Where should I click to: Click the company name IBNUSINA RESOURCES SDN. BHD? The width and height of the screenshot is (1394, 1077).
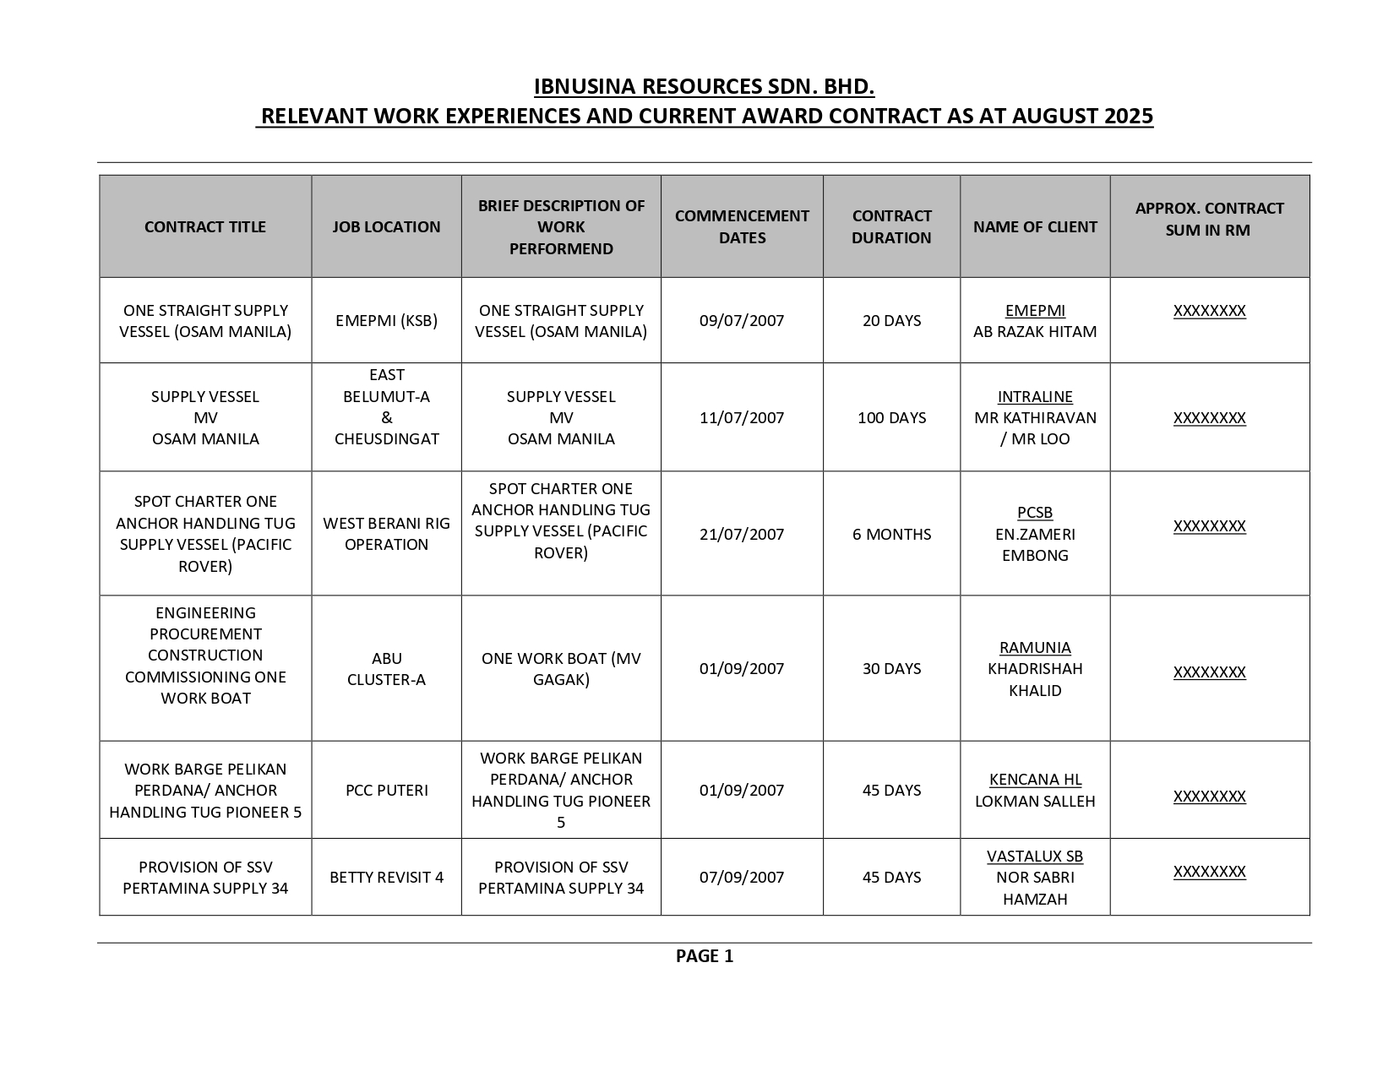click(x=704, y=87)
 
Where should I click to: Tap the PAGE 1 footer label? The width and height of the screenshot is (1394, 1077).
click(x=704, y=956)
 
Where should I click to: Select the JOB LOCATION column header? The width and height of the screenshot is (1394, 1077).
click(x=386, y=227)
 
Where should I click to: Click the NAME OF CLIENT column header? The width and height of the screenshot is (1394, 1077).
click(x=1035, y=227)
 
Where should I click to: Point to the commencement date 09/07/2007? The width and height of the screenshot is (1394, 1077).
click(x=742, y=321)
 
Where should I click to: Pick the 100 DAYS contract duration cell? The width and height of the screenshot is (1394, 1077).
click(x=891, y=418)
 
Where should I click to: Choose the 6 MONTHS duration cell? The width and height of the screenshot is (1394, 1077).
click(x=891, y=535)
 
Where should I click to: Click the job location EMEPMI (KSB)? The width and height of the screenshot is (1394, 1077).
click(x=386, y=321)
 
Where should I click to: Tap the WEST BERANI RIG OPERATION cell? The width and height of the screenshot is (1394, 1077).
click(x=386, y=534)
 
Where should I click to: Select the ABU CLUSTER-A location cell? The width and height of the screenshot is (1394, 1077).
click(x=386, y=669)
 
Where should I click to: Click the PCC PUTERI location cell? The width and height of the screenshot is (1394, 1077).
click(x=386, y=791)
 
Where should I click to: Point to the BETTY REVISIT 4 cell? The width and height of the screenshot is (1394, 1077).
click(x=386, y=878)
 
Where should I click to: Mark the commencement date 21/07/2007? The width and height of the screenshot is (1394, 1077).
click(x=742, y=535)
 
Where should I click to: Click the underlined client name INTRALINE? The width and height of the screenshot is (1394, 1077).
click(x=1035, y=397)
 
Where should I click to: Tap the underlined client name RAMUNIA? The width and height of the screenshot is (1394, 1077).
click(x=1035, y=648)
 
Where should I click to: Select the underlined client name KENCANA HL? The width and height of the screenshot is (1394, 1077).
click(x=1035, y=780)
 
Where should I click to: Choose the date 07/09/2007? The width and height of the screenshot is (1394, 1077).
click(x=742, y=878)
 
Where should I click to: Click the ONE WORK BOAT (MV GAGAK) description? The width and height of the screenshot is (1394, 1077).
click(x=561, y=669)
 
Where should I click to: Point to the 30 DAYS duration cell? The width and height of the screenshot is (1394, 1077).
click(x=891, y=669)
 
